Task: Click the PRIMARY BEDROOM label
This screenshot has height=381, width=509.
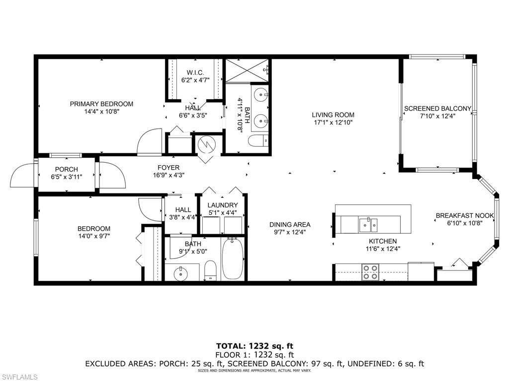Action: (x=101, y=104)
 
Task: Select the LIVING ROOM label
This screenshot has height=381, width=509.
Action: (x=334, y=115)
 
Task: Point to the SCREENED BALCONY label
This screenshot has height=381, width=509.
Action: (x=437, y=109)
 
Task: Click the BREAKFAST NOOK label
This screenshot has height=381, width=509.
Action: (x=465, y=215)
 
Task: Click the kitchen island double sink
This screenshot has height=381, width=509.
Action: (x=368, y=225)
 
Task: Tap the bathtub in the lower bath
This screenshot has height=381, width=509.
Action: (x=232, y=258)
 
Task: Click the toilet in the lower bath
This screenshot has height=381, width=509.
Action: (x=211, y=271)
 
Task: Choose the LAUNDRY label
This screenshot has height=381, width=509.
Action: (x=222, y=205)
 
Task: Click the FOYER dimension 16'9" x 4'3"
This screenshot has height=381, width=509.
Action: (x=169, y=175)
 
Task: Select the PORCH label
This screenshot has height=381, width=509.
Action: (x=66, y=169)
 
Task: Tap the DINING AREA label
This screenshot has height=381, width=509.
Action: (x=290, y=224)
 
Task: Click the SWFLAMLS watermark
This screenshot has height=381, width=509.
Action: (x=20, y=377)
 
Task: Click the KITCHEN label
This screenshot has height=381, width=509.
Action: (x=382, y=241)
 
